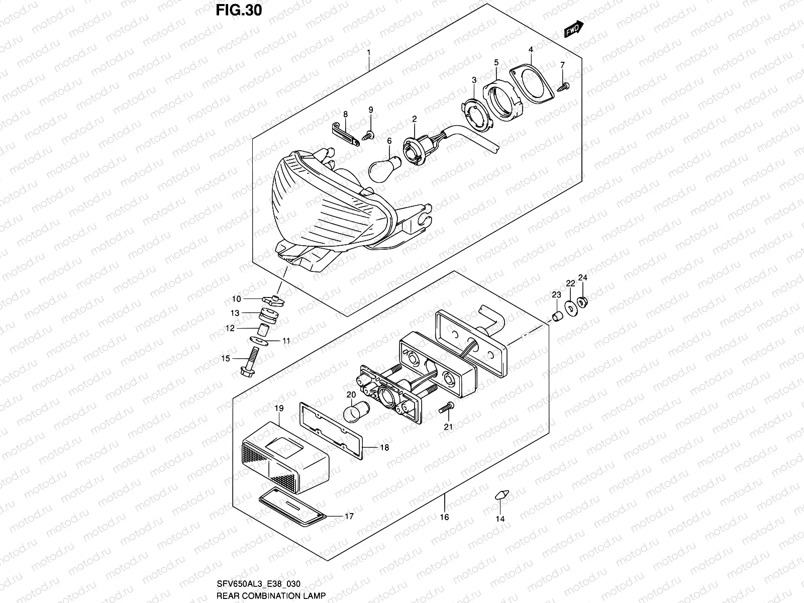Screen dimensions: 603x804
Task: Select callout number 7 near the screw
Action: tap(562, 65)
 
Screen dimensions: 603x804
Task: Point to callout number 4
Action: tap(531, 50)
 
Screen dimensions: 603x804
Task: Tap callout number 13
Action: tap(235, 313)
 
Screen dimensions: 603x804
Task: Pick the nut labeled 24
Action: tap(583, 302)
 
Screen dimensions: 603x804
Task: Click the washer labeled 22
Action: tap(570, 308)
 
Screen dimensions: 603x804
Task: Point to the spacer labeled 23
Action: tap(557, 317)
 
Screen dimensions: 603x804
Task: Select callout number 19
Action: tap(279, 408)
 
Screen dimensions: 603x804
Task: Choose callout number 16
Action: tap(444, 517)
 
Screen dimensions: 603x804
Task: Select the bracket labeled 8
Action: tap(347, 134)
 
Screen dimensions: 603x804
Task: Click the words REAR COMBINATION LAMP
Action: tap(271, 595)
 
